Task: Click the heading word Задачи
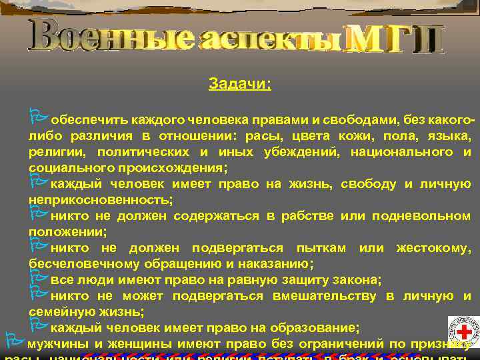(239, 85)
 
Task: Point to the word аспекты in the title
(271, 39)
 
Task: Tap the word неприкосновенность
(99, 199)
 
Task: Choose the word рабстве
(314, 216)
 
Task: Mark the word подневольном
(422, 216)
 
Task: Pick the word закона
(360, 279)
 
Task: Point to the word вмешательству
(325, 295)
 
